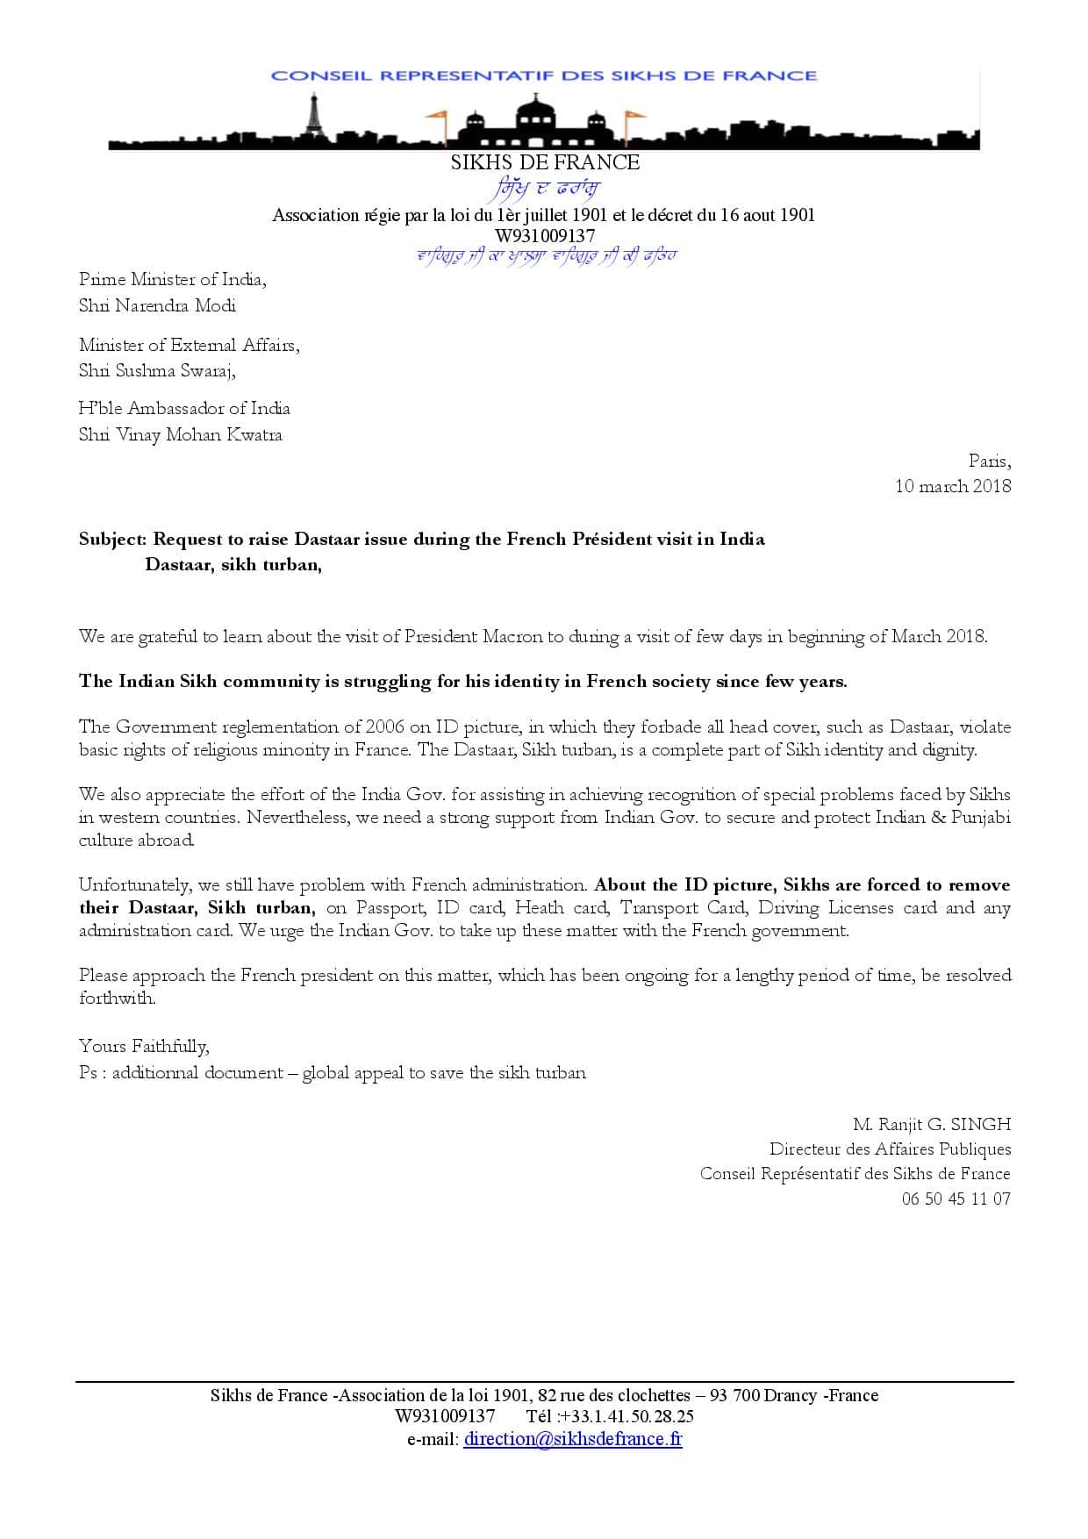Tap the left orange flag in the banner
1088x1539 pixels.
[436, 115]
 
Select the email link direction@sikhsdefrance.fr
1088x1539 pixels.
[572, 1438]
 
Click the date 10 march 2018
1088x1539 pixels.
[952, 486]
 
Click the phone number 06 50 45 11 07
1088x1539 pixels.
[956, 1199]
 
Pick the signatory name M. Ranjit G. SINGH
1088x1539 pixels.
[931, 1124]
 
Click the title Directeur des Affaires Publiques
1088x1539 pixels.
[890, 1149]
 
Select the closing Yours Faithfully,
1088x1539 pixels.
[144, 1046]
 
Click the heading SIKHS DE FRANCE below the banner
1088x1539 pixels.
[545, 162]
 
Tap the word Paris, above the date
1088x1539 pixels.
[989, 461]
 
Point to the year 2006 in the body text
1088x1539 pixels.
[384, 727]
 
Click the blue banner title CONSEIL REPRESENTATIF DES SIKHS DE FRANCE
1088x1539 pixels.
[544, 75]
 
